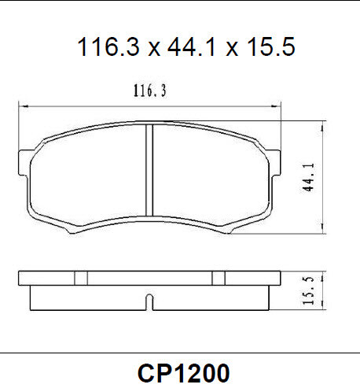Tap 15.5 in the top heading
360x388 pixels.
269,48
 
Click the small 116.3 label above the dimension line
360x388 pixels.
149,92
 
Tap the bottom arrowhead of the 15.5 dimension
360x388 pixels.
320,308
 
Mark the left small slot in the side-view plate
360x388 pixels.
81,278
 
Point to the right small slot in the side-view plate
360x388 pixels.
218,278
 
